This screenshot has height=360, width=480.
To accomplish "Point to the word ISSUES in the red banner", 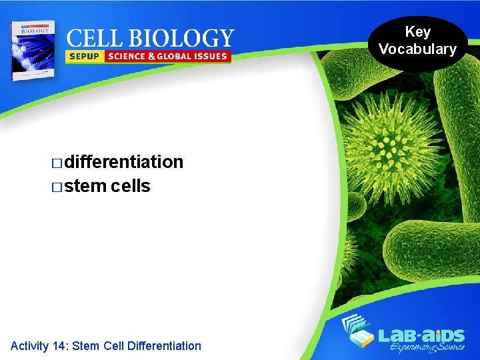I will [207, 57].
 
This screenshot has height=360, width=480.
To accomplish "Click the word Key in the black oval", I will [418, 32].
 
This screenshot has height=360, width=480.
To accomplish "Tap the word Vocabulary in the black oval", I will [418, 49].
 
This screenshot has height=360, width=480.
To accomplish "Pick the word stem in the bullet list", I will [86, 186].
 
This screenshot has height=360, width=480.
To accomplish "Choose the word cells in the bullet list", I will [131, 186].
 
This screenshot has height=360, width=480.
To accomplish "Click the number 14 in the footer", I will [59, 345].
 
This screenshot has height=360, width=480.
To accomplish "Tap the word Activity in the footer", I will [29, 345].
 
